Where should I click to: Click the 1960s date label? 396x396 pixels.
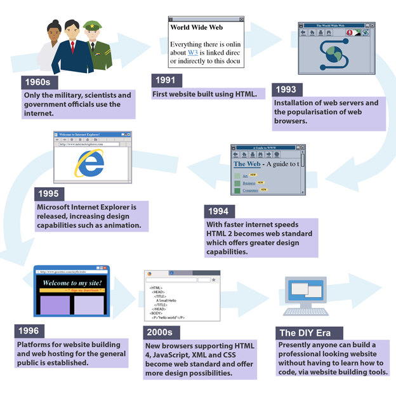coord(37,82)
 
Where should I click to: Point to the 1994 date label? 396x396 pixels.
coord(220,211)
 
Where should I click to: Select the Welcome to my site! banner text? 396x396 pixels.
coord(72,283)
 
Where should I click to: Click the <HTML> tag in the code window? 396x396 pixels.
coord(156,288)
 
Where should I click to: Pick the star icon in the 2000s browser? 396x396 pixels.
coord(214,279)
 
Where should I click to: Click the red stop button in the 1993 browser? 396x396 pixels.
coord(349,32)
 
